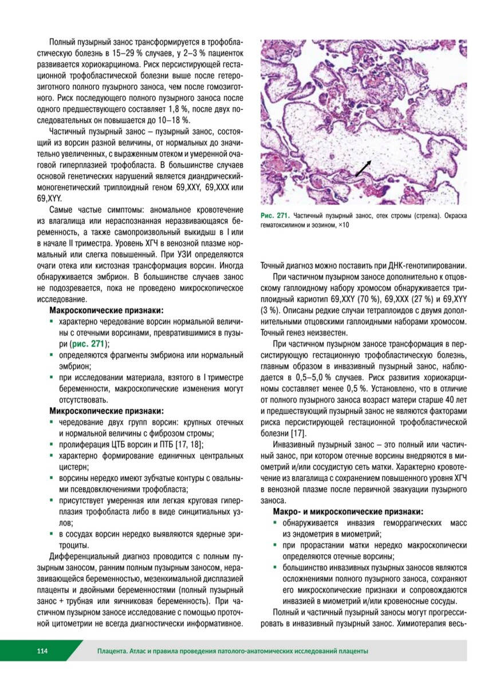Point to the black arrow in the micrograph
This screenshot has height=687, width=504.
coord(362,168)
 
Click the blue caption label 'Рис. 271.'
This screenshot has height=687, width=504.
coord(275,216)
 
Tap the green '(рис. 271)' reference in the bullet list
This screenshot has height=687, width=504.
coord(89,344)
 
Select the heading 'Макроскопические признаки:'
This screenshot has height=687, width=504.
coord(107,310)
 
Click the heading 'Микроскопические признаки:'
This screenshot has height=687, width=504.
coord(107,410)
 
